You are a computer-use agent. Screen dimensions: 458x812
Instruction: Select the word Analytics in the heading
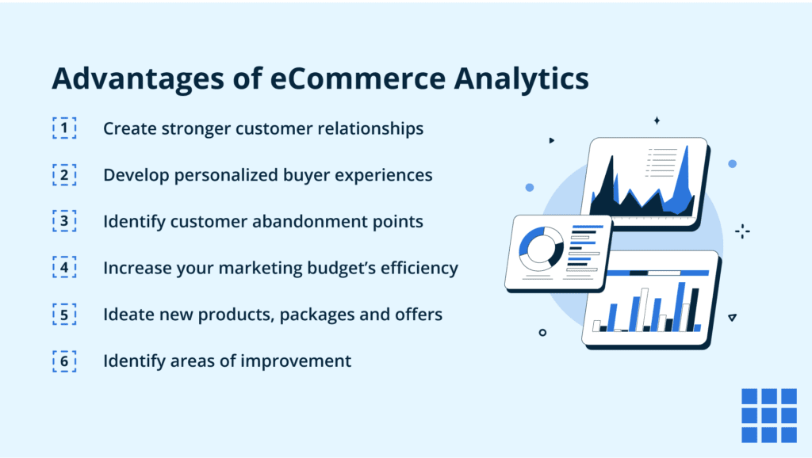pyautogui.click(x=524, y=81)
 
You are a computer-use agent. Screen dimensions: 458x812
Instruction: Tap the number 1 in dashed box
pyautogui.click(x=64, y=128)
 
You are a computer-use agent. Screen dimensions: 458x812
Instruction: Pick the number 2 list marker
pyautogui.click(x=64, y=174)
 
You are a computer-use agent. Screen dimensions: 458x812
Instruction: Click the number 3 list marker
pyautogui.click(x=64, y=221)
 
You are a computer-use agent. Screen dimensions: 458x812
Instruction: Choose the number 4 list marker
pyautogui.click(x=64, y=268)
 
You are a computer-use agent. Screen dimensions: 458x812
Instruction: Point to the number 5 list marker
pyautogui.click(x=64, y=315)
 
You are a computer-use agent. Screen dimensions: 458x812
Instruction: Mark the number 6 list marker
pyautogui.click(x=64, y=361)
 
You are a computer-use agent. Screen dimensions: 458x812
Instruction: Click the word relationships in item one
pyautogui.click(x=366, y=128)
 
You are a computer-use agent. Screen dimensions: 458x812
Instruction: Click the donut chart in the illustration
pyautogui.click(x=541, y=246)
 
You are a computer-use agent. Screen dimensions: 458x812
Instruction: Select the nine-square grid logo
pyautogui.click(x=768, y=415)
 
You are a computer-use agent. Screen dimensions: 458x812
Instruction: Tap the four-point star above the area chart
pyautogui.click(x=657, y=120)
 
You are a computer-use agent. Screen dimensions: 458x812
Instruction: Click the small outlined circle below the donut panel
pyautogui.click(x=542, y=333)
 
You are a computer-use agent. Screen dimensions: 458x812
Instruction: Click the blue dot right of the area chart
pyautogui.click(x=732, y=163)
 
